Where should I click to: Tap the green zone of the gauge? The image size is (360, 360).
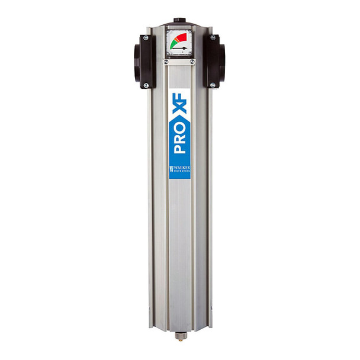(173, 44)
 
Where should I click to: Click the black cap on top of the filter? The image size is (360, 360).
(179, 21)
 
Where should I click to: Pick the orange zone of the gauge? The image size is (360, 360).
(176, 39)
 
